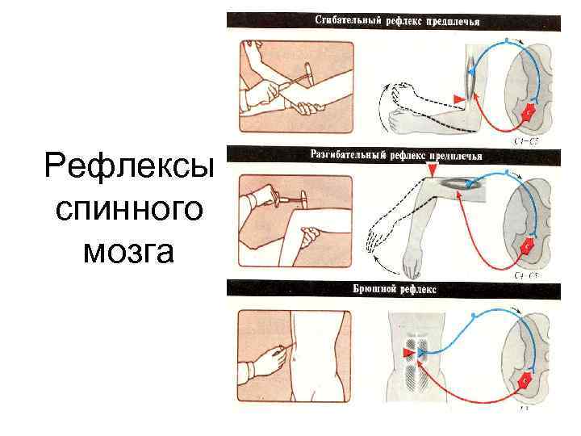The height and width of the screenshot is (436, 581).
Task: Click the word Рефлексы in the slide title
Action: pyautogui.click(x=130, y=169)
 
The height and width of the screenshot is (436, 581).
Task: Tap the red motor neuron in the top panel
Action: pyautogui.click(x=528, y=114)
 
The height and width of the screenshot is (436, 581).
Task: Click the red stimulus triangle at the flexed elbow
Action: pyautogui.click(x=458, y=99)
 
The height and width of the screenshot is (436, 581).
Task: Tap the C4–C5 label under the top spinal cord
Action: pyautogui.click(x=525, y=140)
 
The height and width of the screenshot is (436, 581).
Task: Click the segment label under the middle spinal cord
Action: pyautogui.click(x=525, y=275)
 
